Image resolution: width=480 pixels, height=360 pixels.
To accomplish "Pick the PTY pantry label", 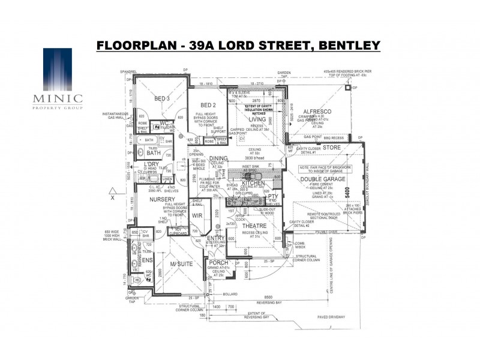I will [x=272, y=196].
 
